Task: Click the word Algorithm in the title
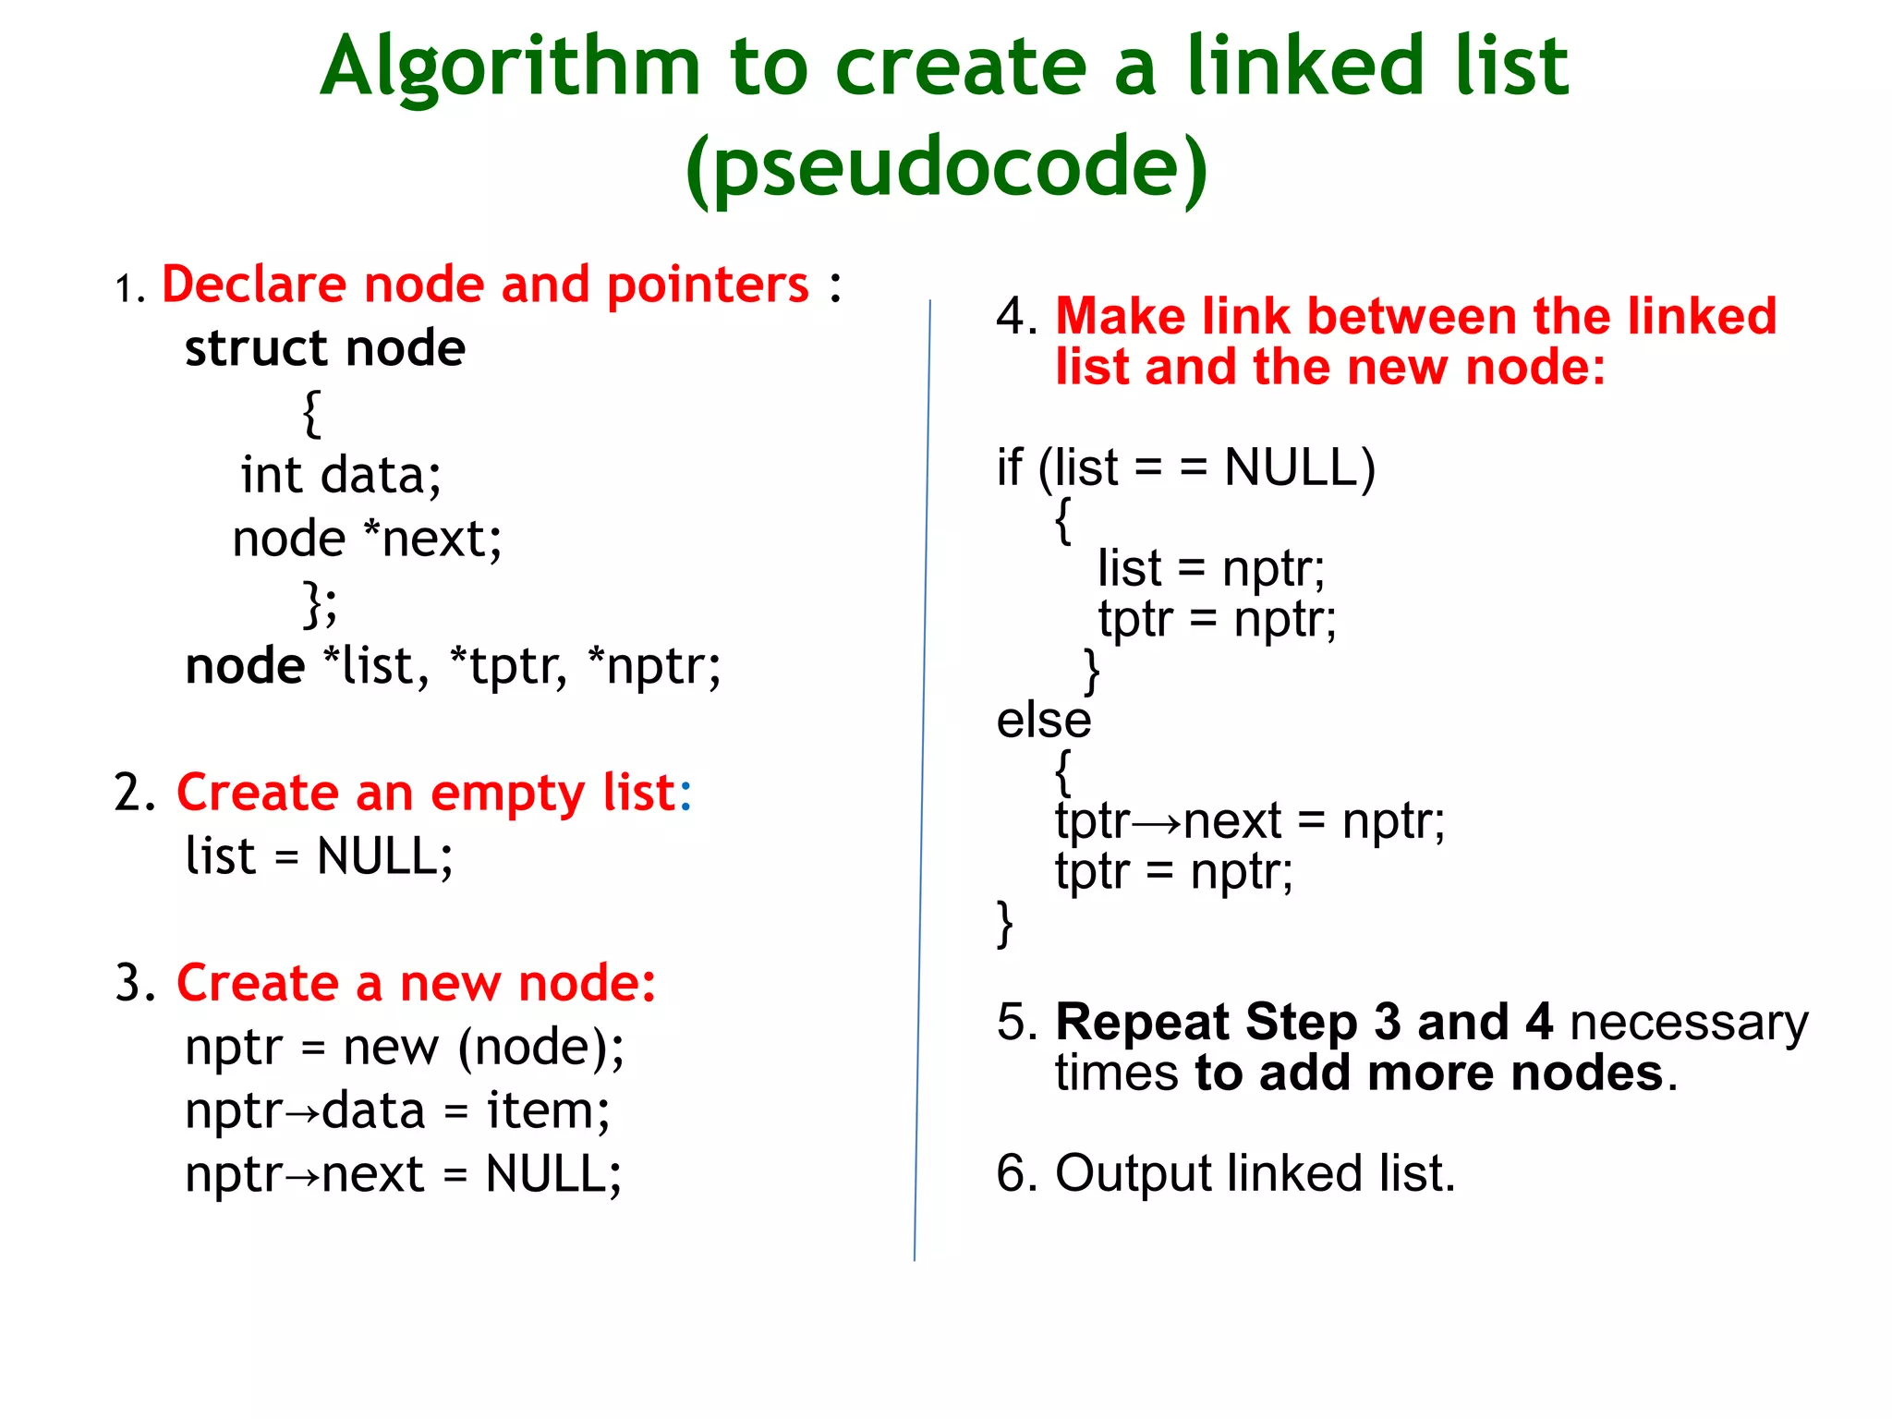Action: point(510,68)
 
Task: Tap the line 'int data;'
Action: point(341,476)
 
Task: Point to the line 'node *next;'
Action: point(367,539)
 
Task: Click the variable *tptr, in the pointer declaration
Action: point(507,666)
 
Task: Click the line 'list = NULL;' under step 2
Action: point(319,856)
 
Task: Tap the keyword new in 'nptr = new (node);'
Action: point(391,1048)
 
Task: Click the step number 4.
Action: point(1014,317)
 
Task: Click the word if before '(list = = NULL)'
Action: point(1009,467)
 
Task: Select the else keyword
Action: point(1043,721)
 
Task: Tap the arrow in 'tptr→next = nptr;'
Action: point(1156,822)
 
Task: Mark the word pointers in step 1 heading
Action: point(708,285)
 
